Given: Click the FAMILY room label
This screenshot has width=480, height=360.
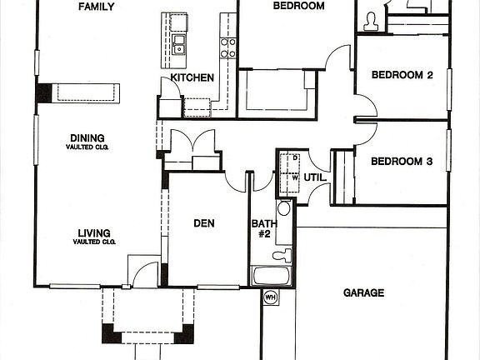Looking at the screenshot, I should click(x=96, y=7).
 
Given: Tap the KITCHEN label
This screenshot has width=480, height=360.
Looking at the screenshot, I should click(x=192, y=77).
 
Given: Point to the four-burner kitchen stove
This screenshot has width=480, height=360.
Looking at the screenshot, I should click(x=227, y=47).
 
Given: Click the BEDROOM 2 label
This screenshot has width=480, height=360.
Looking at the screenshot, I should click(x=402, y=75).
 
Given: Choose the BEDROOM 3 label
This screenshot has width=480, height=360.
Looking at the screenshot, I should click(x=402, y=162).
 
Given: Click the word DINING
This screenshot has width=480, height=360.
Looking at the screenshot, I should click(x=88, y=139).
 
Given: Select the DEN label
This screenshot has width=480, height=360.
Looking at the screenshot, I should click(x=205, y=222).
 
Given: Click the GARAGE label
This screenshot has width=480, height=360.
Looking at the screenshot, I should click(x=364, y=292).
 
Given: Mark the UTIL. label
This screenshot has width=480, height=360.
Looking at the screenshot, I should click(x=314, y=177).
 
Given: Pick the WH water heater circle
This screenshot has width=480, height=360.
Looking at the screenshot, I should click(x=270, y=296).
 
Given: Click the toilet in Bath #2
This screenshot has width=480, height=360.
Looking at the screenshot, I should click(x=284, y=254).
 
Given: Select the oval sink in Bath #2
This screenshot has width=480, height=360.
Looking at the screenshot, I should click(x=284, y=209).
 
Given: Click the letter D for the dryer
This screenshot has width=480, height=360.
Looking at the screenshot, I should click(x=295, y=157).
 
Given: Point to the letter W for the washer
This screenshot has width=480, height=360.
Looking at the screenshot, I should click(x=295, y=177).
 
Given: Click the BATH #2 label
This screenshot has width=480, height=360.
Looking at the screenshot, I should click(x=262, y=228).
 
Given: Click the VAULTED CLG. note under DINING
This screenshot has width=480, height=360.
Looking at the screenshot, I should click(x=88, y=147).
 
